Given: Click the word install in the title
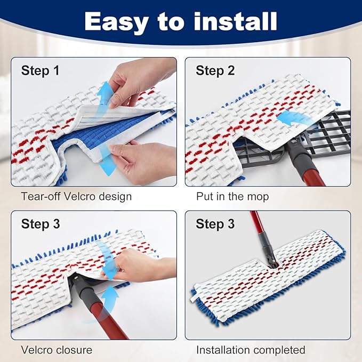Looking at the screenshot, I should [x=230, y=22].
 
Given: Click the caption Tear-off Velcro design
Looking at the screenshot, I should [x=76, y=197].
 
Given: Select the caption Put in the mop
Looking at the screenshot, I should [x=232, y=197].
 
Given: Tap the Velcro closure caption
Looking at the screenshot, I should [x=57, y=350].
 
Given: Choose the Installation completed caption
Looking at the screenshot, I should [x=251, y=350].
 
